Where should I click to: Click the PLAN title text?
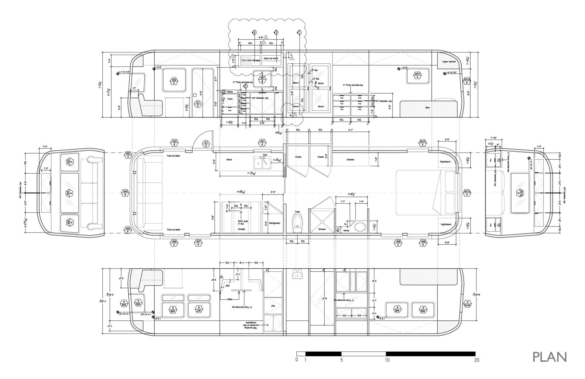[x=550, y=357]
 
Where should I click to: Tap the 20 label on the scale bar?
[x=477, y=360]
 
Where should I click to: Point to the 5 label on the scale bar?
[x=341, y=360]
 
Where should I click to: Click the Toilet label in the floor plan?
[x=297, y=212]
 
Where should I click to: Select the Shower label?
[x=322, y=229]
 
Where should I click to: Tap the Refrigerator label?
[x=275, y=223]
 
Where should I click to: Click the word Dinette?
[x=241, y=229]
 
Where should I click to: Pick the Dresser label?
[x=350, y=159]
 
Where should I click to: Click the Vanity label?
[x=346, y=230]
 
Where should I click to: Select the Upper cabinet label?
[x=449, y=61]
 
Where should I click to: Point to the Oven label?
[x=230, y=99]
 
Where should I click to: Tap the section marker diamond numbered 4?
[x=254, y=33]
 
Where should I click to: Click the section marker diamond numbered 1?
[x=299, y=33]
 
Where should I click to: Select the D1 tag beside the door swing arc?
[x=206, y=144]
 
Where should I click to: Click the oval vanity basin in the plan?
[x=359, y=227]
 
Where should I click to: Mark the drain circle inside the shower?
[x=321, y=221]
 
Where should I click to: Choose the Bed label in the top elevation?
[x=427, y=107]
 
